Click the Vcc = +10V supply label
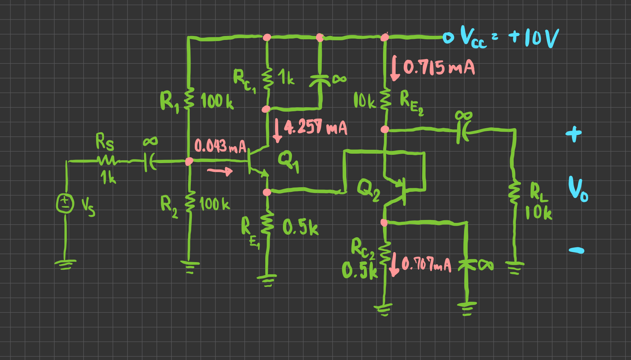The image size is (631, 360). click(509, 38)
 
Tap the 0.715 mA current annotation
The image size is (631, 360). click(438, 67)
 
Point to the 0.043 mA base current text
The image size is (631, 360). click(220, 146)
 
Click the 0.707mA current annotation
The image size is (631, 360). click(426, 265)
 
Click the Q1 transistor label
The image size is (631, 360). click(288, 160)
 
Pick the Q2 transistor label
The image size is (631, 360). click(368, 190)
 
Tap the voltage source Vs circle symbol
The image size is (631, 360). click(65, 204)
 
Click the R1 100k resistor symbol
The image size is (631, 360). click(189, 98)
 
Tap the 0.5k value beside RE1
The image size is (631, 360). click(300, 227)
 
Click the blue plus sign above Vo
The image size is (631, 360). click(573, 134)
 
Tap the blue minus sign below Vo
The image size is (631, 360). click(576, 250)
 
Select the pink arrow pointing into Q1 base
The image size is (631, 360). click(220, 171)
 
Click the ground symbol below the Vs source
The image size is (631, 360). click(65, 265)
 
